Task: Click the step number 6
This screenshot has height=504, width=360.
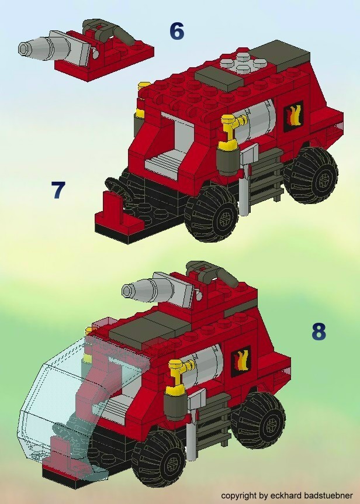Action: point(176,31)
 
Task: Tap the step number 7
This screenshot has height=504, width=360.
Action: point(58,191)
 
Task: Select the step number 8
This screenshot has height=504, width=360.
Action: point(318,332)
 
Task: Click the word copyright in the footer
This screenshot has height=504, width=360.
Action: point(238,495)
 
